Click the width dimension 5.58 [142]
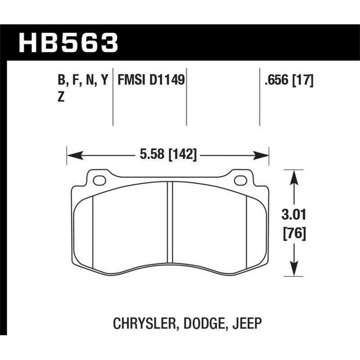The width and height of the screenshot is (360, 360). click(168, 156)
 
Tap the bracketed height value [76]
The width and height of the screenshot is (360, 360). click(294, 234)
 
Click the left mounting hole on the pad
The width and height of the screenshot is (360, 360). click(99, 180)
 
